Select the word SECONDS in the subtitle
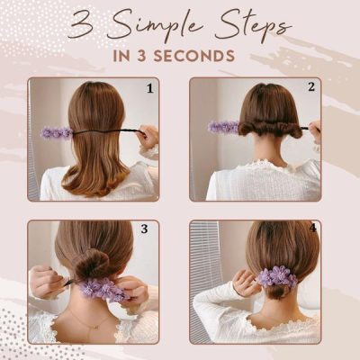[x=198, y=55]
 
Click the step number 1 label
[x=149, y=88]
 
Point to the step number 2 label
[x=310, y=87]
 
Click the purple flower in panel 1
[x=56, y=132]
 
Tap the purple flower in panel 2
[x=222, y=127]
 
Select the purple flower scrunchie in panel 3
[x=103, y=289]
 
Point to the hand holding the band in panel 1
[x=148, y=136]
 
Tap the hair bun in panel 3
[x=91, y=265]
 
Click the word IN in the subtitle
[x=124, y=55]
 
